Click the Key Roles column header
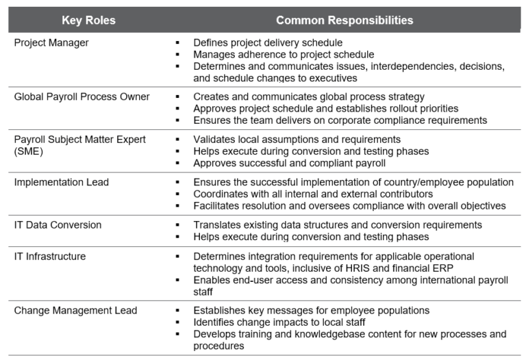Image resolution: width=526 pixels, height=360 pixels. [x=89, y=21]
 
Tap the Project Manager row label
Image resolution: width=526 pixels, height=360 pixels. [x=51, y=42]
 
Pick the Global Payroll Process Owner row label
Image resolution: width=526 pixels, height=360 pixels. [x=82, y=97]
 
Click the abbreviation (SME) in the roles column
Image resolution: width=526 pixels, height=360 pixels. [x=28, y=151]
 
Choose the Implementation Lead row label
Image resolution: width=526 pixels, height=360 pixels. [x=62, y=182]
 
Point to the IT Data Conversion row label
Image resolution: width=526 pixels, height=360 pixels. [x=58, y=225]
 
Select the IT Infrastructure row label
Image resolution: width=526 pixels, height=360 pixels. [x=50, y=257]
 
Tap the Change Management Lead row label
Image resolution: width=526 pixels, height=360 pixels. [x=75, y=311]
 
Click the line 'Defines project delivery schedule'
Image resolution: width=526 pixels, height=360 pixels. [x=268, y=42]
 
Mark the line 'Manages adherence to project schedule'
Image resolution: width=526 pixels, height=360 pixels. [x=284, y=54]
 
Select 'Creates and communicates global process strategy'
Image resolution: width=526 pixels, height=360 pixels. [x=309, y=97]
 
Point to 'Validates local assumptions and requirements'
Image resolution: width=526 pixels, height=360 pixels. [x=297, y=140]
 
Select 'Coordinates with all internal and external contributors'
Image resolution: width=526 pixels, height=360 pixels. [x=313, y=194]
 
